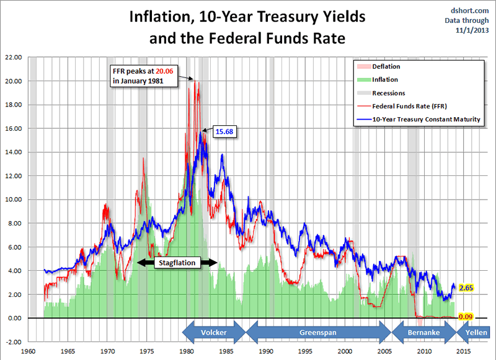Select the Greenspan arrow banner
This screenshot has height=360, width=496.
click(x=318, y=333)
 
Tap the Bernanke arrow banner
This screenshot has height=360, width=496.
click(x=424, y=333)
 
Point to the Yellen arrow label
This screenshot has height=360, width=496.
click(x=477, y=333)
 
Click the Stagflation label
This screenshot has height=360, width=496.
click(x=177, y=263)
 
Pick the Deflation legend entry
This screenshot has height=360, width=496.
click(x=385, y=66)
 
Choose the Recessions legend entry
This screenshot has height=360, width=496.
click(x=388, y=93)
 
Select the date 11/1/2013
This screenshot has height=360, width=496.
click(x=472, y=29)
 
